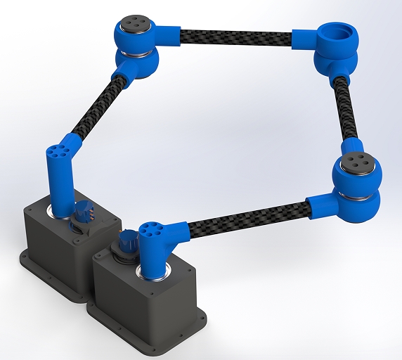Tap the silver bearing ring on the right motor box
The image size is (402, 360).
(153, 275)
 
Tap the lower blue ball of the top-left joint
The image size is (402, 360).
(140, 63)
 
